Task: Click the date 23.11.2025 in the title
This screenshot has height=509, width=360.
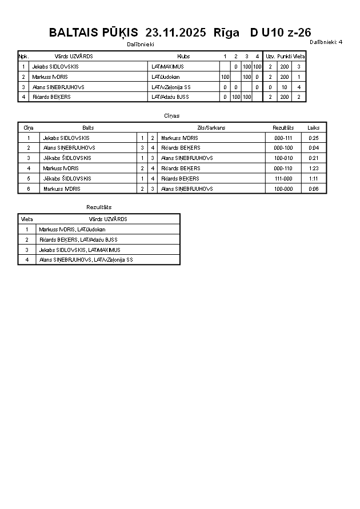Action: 176,33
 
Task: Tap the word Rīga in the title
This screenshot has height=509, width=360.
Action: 226,33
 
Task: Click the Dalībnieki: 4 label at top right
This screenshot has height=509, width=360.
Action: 326,42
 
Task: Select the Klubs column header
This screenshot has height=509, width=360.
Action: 183,57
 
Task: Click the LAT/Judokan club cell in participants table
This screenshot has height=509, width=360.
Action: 166,77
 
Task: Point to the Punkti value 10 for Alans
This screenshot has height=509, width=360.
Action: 285,87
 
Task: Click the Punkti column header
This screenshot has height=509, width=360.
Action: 285,57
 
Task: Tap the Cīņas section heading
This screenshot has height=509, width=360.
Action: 172,115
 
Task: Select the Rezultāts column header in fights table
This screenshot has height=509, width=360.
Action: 283,128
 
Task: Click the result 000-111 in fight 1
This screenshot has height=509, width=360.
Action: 283,138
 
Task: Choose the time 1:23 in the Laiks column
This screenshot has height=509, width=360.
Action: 314,169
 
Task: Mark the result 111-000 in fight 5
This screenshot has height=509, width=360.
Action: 283,179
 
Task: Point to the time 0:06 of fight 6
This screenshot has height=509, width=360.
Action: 314,189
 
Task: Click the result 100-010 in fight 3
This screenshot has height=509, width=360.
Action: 283,158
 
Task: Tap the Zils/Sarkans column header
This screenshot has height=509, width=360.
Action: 211,128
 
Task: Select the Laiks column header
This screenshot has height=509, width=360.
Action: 314,128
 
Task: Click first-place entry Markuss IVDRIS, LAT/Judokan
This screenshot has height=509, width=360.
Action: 72,230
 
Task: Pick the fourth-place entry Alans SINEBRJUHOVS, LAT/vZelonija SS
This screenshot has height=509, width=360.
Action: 86,260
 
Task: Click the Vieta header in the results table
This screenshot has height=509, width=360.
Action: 27,219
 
